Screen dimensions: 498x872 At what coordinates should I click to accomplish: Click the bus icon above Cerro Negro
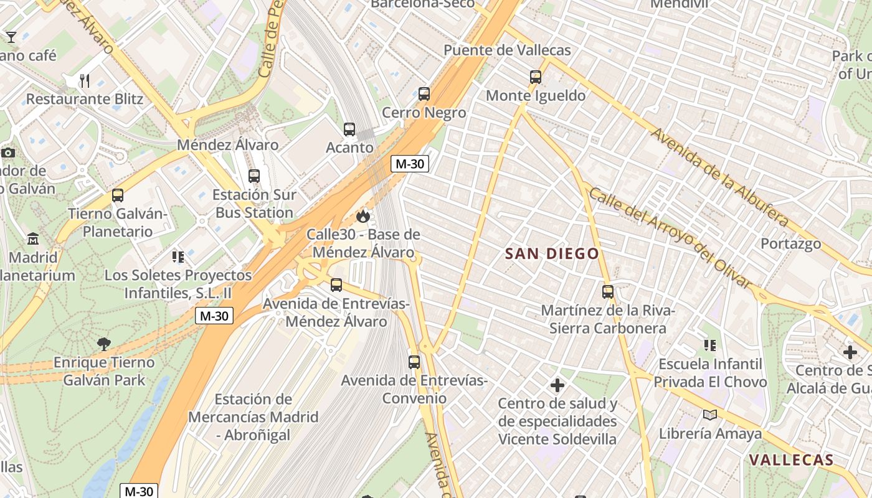pos(424,94)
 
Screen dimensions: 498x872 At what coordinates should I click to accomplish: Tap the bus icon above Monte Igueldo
pos(536,77)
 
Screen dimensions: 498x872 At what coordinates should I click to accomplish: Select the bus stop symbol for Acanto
pos(349,129)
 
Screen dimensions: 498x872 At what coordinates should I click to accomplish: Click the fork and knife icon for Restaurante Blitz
pos(85,80)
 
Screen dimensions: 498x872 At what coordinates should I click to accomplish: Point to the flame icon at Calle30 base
pos(363,216)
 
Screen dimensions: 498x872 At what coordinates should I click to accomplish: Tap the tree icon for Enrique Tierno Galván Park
pos(104,344)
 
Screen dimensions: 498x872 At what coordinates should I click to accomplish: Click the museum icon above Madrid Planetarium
pos(32,238)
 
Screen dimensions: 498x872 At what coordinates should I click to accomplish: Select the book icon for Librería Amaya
pos(709,415)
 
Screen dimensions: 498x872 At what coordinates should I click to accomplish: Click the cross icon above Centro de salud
pos(557,386)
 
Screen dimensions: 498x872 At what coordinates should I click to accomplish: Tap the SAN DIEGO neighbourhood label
pos(552,253)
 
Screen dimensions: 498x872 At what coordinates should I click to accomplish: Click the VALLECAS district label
pos(791,460)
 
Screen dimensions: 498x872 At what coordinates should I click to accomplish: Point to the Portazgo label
pos(790,243)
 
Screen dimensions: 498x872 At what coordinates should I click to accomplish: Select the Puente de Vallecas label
pos(507,50)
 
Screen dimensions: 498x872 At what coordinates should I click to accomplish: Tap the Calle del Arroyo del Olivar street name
pos(670,238)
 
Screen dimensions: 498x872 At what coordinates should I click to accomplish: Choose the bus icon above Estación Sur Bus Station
pos(254,176)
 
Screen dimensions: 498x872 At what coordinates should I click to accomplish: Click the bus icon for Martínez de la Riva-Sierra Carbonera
pos(608,291)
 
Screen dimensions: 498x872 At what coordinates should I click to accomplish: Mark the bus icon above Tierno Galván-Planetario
pos(118,195)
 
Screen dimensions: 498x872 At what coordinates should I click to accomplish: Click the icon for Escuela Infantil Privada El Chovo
pos(709,345)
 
